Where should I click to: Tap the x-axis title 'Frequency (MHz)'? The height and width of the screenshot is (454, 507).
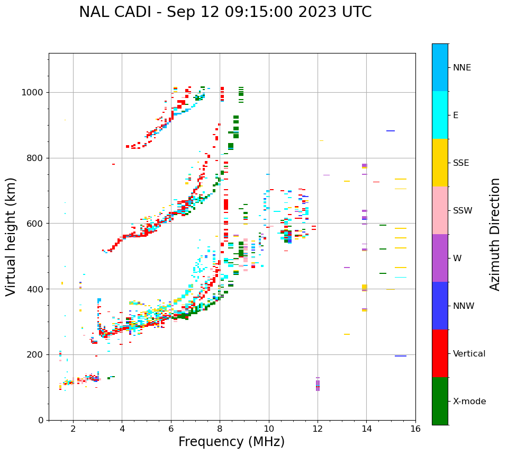(231, 442)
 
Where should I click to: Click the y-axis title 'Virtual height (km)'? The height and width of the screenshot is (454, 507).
(11, 236)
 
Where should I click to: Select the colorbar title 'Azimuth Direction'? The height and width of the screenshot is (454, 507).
(495, 234)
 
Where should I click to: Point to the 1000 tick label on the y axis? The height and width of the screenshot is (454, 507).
(33, 92)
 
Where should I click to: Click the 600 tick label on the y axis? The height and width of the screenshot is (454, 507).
(35, 224)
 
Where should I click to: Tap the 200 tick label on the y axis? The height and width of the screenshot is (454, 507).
(35, 354)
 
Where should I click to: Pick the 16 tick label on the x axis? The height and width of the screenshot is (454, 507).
(415, 429)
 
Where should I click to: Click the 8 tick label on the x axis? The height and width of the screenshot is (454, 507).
(220, 429)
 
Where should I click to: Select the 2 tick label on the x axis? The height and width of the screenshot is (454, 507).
(73, 429)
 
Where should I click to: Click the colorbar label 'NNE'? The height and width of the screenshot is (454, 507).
(461, 67)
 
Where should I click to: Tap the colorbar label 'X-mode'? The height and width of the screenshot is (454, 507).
(469, 401)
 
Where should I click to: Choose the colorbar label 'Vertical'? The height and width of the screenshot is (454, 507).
(469, 353)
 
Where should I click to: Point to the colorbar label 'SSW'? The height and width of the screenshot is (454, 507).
(463, 210)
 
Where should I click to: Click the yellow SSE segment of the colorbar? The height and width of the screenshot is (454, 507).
(440, 162)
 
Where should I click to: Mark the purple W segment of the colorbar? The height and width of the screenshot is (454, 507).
(440, 258)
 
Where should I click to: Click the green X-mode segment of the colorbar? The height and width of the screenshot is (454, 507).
(440, 401)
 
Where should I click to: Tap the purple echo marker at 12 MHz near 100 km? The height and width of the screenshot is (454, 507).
(318, 385)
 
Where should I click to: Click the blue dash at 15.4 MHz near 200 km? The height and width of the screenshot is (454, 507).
(400, 356)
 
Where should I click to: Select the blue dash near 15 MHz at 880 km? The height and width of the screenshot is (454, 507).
(391, 131)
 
